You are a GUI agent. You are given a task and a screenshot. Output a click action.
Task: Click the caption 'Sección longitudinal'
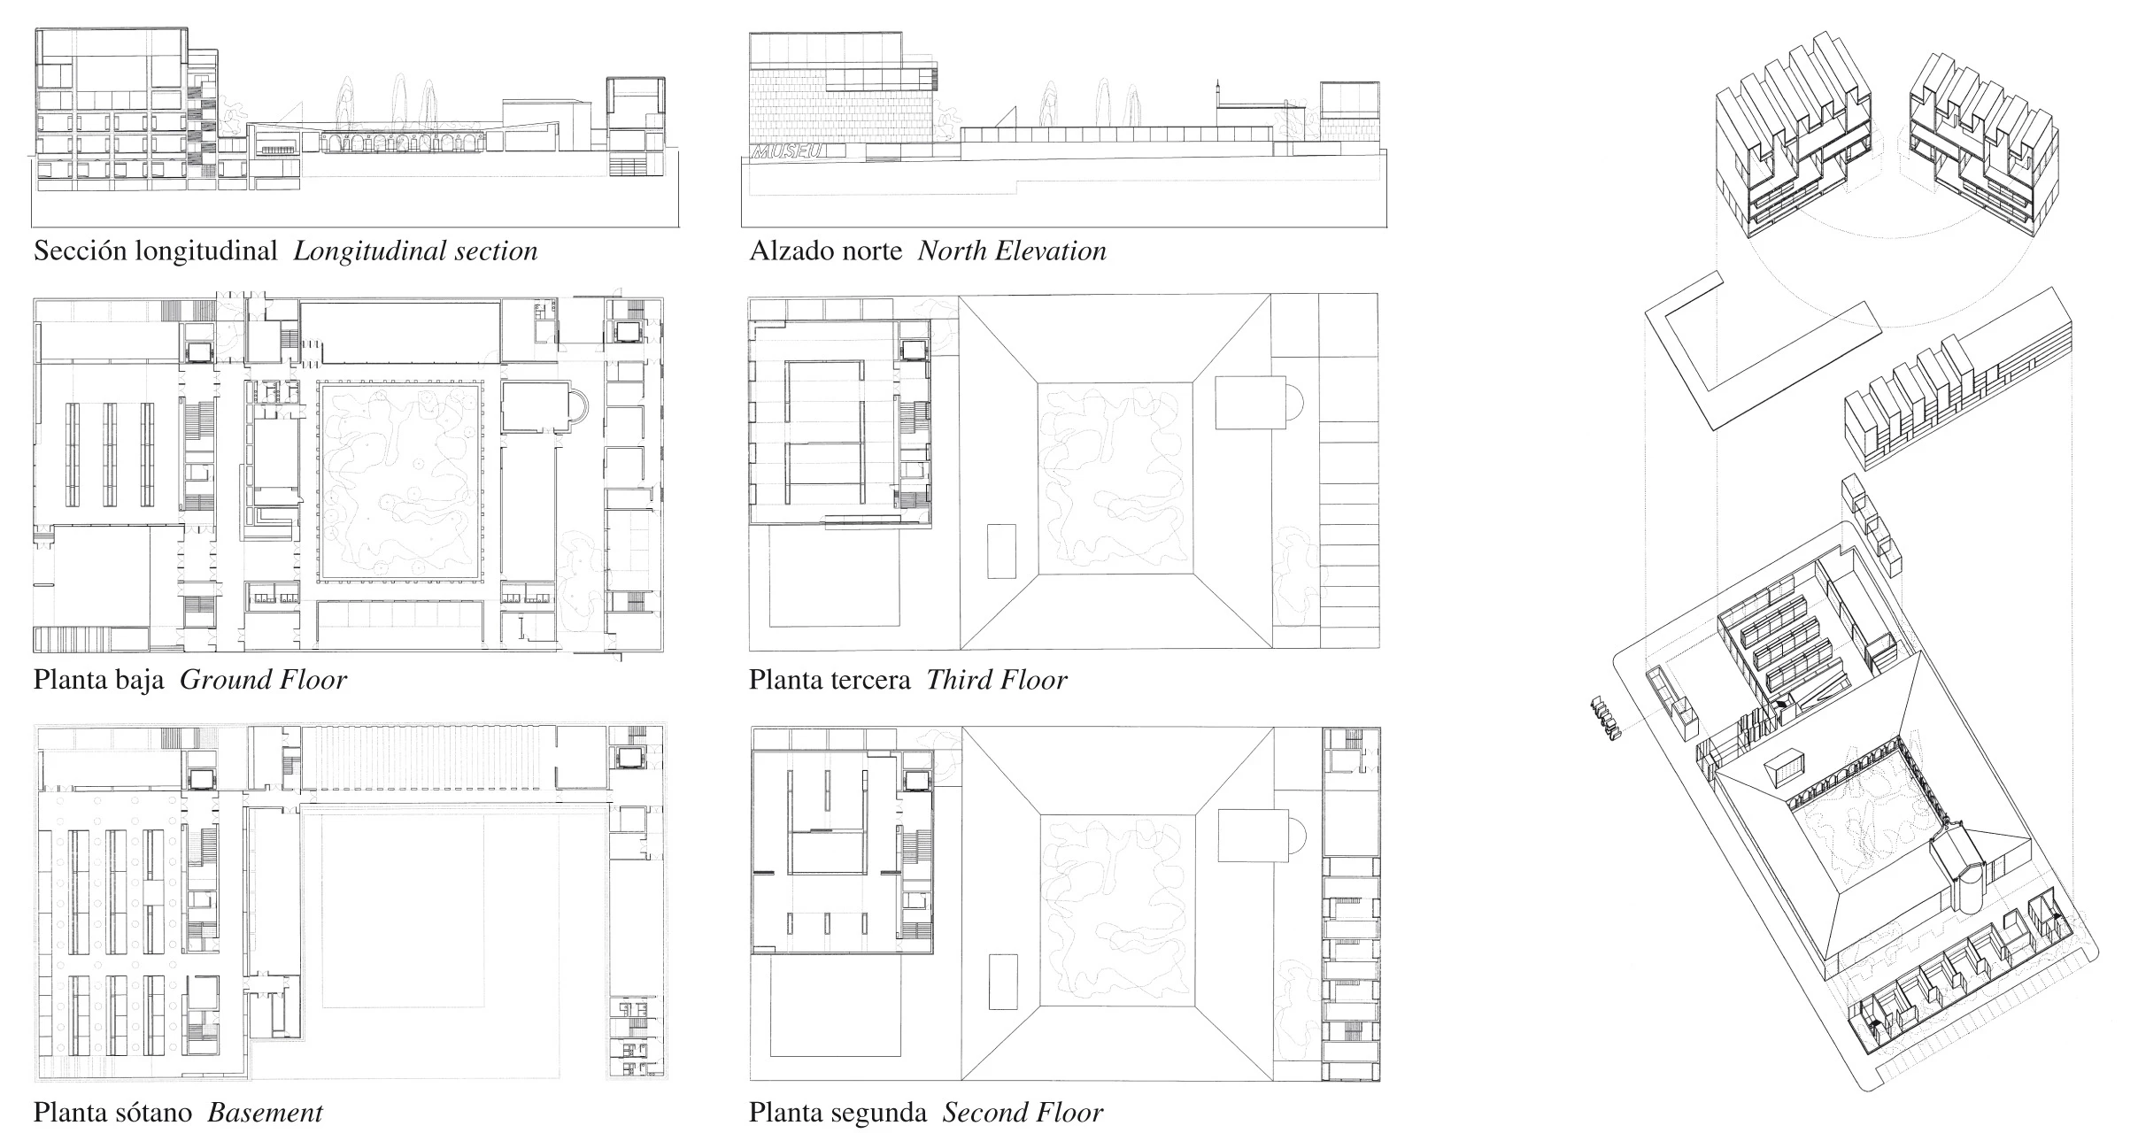point(156,251)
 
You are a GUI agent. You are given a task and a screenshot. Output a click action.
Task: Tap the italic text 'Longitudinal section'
point(415,251)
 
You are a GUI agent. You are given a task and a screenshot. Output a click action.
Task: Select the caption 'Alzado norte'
point(826,251)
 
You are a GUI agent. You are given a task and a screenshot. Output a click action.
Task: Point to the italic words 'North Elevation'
point(1012,251)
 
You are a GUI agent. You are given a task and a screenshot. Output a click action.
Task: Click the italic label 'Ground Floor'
point(263,680)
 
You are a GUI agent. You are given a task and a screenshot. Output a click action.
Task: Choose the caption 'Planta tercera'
point(830,680)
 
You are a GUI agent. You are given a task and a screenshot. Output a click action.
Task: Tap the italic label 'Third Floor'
point(997,680)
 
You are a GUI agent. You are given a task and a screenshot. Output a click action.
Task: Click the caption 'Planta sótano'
point(112,1113)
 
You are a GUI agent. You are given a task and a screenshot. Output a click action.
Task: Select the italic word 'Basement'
point(265,1113)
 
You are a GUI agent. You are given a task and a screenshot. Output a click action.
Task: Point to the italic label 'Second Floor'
point(1023,1113)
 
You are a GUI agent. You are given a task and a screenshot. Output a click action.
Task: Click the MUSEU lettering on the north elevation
point(787,151)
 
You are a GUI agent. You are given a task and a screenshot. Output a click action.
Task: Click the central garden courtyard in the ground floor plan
point(399,482)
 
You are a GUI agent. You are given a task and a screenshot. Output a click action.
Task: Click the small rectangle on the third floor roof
point(1001,551)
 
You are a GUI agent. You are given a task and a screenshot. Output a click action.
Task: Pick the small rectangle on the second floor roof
point(1003,981)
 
